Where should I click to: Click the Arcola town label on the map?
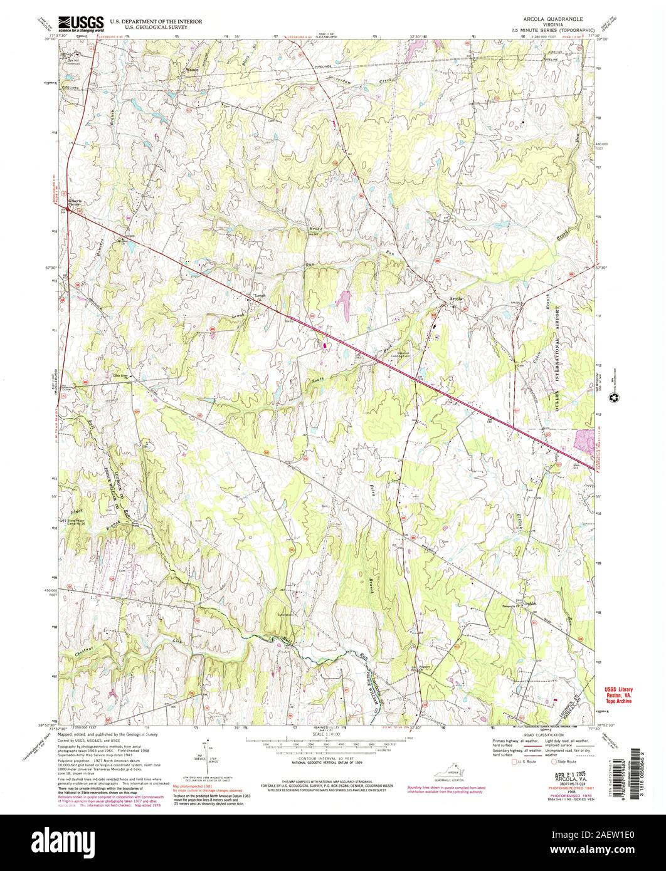click(x=456, y=299)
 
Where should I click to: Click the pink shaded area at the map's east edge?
click(x=584, y=439)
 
